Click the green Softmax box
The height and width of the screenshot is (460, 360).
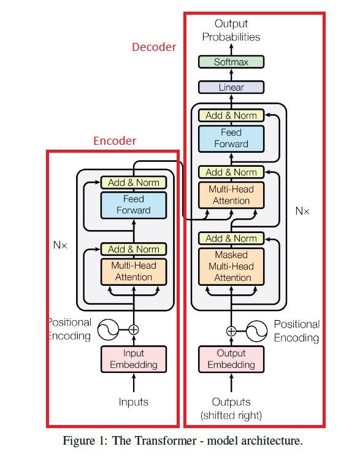[231, 62]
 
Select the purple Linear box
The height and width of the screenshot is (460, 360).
[231, 88]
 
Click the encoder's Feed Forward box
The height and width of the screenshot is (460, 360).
[133, 205]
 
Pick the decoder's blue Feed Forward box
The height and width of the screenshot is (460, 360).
[231, 138]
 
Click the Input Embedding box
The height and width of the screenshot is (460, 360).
[133, 359]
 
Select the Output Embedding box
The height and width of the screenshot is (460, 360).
[231, 359]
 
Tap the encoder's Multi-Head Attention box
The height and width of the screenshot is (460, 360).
[133, 272]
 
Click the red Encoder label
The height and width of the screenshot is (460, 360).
[115, 141]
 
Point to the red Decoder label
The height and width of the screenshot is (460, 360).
[154, 47]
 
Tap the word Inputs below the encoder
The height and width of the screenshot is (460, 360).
[133, 402]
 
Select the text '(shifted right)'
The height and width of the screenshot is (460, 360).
[231, 415]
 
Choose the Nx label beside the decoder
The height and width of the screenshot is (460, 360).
[302, 211]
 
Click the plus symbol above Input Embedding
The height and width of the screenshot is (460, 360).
[133, 329]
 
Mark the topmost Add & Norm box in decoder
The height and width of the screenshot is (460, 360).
[231, 115]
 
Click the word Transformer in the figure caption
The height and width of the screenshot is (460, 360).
[162, 440]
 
